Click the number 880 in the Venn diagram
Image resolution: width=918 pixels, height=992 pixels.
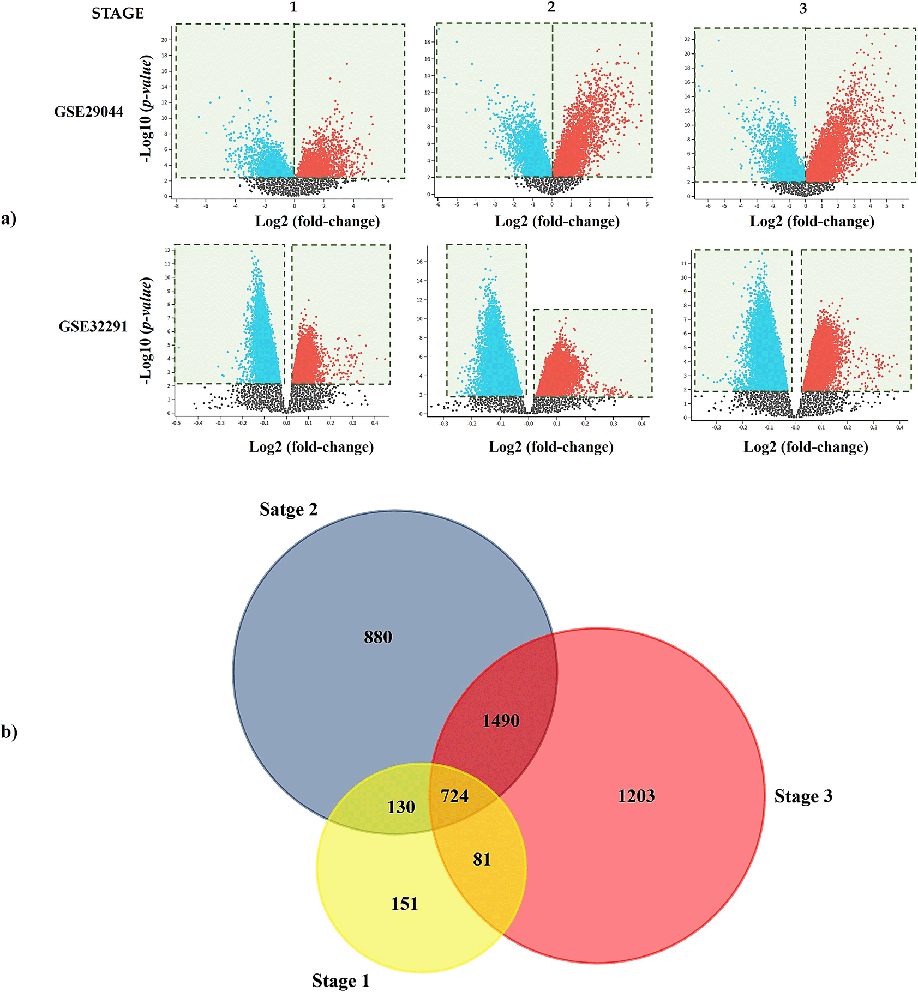378,637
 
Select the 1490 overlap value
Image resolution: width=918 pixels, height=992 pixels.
501,721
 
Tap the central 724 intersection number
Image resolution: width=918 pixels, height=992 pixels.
454,796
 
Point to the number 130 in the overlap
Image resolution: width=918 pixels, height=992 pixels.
401,807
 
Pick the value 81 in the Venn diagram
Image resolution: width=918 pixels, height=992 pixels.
482,859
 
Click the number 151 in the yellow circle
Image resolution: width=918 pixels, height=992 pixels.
404,904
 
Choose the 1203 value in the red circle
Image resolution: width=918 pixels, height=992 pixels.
636,796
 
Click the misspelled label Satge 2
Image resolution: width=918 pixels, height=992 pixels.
288,509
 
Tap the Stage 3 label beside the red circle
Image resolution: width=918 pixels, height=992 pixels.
803,796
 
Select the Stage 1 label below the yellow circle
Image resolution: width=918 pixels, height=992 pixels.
340,981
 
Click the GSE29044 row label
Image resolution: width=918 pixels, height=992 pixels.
88,112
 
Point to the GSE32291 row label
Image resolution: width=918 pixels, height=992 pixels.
93,326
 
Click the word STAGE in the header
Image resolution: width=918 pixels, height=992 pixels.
117,13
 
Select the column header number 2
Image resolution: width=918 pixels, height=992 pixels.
551,7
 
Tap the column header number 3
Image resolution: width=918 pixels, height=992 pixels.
803,9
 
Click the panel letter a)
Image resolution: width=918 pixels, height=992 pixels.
9,219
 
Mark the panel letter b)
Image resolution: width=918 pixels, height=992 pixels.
9,731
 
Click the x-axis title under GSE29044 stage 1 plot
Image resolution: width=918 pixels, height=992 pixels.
317,221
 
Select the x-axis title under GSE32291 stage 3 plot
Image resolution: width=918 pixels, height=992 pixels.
806,447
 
